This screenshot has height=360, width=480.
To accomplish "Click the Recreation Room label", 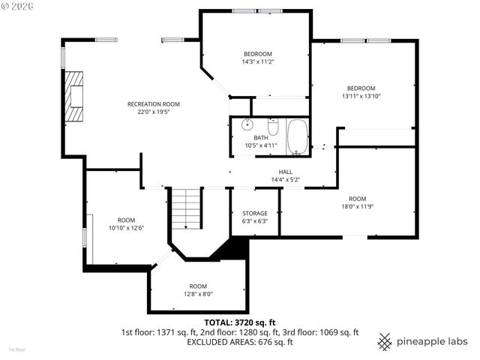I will pos(153,104).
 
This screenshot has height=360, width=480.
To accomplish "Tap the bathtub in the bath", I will pos(298,136).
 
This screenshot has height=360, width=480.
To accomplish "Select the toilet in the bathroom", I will pos(273,127).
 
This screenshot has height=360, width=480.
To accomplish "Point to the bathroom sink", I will pos(247,125).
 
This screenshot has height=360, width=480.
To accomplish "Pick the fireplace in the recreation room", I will pos(75,95).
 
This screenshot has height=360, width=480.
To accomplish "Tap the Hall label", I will pos(285,172).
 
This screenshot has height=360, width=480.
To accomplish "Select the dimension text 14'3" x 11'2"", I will pos(257,63).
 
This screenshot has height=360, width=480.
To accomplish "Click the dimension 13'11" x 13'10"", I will pos(360,96).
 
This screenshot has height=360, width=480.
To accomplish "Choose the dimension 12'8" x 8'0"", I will pos(198,294).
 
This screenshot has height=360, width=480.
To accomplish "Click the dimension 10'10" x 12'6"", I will pos(126,227).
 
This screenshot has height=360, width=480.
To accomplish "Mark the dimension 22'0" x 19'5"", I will pos(153,112).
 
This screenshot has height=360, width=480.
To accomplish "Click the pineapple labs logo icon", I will pos(385,341).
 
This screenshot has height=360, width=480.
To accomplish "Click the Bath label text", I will pos(260,138).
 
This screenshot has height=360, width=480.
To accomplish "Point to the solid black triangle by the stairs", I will pos(232,249).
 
